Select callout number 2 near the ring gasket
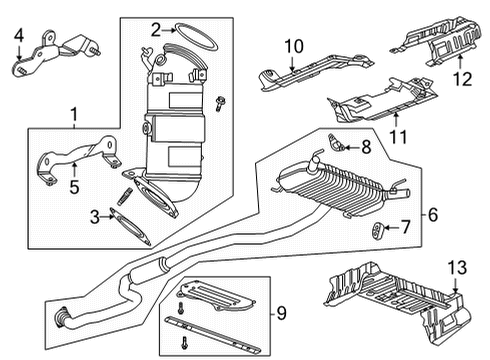click(155, 30)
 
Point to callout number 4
click(18, 39)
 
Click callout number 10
click(292, 45)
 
